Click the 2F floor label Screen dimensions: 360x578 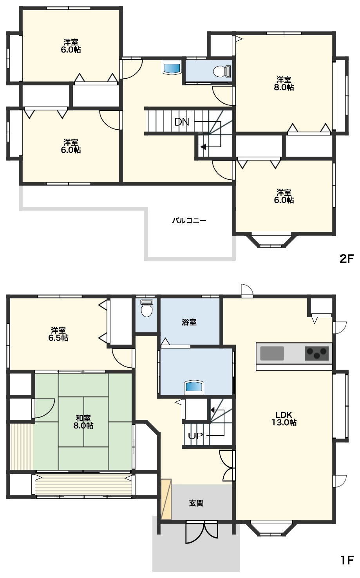pyautogui.click(x=346, y=258)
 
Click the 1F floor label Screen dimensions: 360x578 pyautogui.click(x=347, y=567)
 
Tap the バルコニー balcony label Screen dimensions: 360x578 pyautogui.click(x=189, y=220)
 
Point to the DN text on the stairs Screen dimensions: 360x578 pyautogui.click(x=182, y=122)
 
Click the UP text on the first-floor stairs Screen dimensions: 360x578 pyautogui.click(x=195, y=436)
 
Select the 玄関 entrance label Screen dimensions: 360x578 pyautogui.click(x=196, y=503)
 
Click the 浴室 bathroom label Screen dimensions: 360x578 pyautogui.click(x=189, y=322)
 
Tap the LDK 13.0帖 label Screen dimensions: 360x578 pyautogui.click(x=284, y=419)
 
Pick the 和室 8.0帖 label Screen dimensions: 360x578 pyautogui.click(x=83, y=422)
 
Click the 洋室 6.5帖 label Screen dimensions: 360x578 pyautogui.click(x=58, y=334)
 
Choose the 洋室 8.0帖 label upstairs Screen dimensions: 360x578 pyautogui.click(x=284, y=83)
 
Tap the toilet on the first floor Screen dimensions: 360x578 pyautogui.click(x=147, y=308)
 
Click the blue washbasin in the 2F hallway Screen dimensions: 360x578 pyautogui.click(x=171, y=68)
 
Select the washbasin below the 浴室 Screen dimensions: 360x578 pyautogui.click(x=194, y=387)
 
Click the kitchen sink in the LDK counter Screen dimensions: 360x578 pyautogui.click(x=272, y=353)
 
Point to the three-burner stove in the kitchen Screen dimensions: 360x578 pyautogui.click(x=317, y=353)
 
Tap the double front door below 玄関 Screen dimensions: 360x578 pyautogui.click(x=202, y=532)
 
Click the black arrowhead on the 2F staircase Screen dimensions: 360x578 pyautogui.click(x=203, y=147)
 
